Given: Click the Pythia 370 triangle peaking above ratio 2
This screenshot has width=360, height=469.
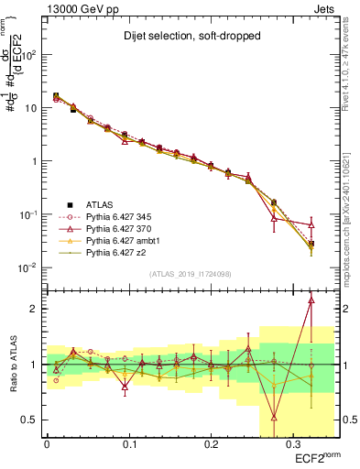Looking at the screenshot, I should (x=311, y=299).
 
